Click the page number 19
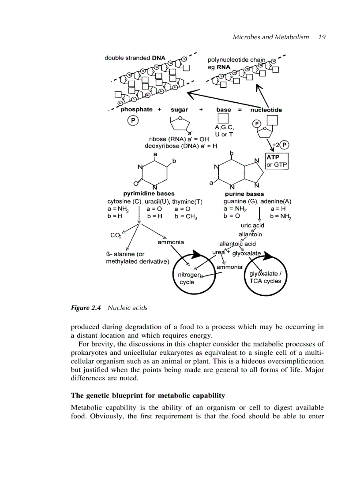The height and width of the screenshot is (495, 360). pyautogui.click(x=321, y=37)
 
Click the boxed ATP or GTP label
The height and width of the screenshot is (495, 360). pyautogui.click(x=276, y=161)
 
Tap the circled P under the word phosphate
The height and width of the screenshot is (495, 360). pyautogui.click(x=133, y=120)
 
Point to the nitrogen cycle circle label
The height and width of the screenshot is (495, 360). pyautogui.click(x=189, y=278)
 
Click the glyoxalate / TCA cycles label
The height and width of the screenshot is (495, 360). pyautogui.click(x=265, y=277)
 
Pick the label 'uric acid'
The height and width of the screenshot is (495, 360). pyautogui.click(x=252, y=226)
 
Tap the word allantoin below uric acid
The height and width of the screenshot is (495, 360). pyautogui.click(x=250, y=234)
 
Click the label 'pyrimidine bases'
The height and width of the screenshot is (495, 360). pyautogui.click(x=149, y=194)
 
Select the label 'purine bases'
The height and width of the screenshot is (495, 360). pyautogui.click(x=244, y=194)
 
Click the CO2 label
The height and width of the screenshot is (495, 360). pyautogui.click(x=116, y=235)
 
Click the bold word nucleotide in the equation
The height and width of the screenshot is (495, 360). pyautogui.click(x=266, y=110)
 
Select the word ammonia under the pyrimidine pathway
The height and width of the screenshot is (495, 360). pyautogui.click(x=171, y=242)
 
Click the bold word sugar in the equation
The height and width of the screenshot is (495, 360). pyautogui.click(x=179, y=110)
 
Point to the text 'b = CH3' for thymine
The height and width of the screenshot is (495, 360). pyautogui.click(x=186, y=216)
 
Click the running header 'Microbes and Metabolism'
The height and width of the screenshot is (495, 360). pyautogui.click(x=270, y=37)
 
